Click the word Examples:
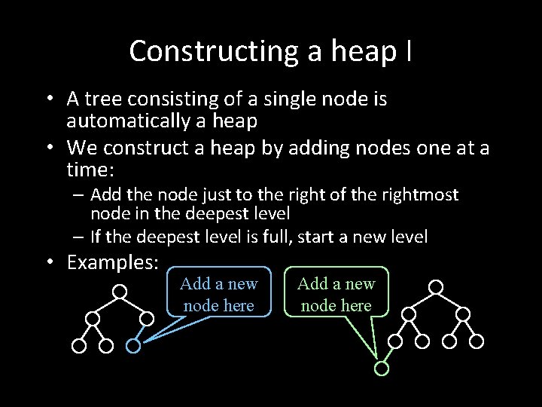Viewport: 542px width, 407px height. [x=113, y=262]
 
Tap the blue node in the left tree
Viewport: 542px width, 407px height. [x=132, y=346]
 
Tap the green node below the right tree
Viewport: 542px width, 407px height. [x=382, y=369]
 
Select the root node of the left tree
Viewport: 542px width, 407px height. [x=120, y=289]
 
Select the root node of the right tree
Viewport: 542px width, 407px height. [x=436, y=286]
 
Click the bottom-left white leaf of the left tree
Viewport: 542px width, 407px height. [x=78, y=346]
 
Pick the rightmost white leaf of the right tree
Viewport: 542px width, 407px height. [x=477, y=341]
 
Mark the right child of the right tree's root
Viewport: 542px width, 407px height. [x=463, y=314]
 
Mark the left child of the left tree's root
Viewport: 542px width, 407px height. [x=93, y=318]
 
